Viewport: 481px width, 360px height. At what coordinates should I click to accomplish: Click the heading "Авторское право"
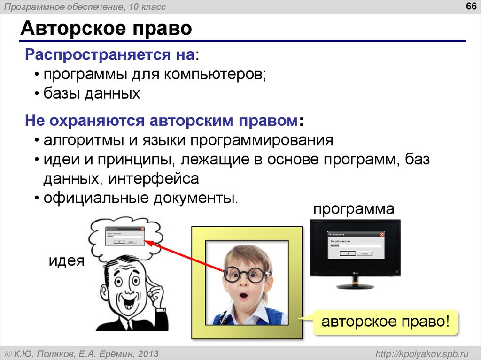[x=106, y=29]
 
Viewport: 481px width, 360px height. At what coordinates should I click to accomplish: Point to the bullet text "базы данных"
[x=92, y=93]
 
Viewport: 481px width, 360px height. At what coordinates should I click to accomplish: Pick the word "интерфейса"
[x=155, y=178]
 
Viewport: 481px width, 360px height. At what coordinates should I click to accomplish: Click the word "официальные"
[x=94, y=198]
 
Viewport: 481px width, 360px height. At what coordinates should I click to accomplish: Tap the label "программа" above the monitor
[x=354, y=209]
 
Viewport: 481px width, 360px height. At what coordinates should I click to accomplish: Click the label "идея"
[x=67, y=260]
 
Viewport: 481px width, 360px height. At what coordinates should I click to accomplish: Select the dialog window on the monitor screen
[x=355, y=245]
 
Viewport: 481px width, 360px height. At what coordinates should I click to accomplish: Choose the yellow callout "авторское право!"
[x=386, y=322]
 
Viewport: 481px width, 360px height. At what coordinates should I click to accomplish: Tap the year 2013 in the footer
[x=147, y=353]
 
